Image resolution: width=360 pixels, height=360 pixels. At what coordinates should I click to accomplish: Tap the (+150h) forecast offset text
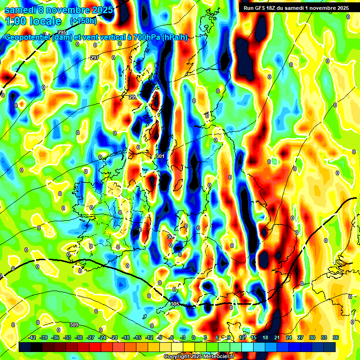tap(83, 21)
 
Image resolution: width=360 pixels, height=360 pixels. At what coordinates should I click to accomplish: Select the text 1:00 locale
tap(33, 21)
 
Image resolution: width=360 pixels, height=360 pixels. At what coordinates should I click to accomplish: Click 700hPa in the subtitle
tap(145, 37)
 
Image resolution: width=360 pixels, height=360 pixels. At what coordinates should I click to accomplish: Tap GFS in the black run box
tap(261, 8)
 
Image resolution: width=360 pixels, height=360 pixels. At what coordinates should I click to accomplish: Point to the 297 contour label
tap(95, 58)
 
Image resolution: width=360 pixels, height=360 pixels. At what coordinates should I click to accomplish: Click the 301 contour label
tap(160, 156)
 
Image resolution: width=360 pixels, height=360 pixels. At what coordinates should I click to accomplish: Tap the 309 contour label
tap(74, 325)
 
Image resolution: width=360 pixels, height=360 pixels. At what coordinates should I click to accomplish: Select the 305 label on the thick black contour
tap(175, 304)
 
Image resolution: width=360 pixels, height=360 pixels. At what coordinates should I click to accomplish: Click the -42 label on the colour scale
tap(32, 337)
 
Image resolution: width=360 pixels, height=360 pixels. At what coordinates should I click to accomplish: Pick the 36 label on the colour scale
tap(335, 337)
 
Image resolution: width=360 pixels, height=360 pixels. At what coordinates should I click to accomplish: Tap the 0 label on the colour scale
tap(194, 337)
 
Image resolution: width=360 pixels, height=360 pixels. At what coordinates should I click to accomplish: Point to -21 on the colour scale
tap(114, 337)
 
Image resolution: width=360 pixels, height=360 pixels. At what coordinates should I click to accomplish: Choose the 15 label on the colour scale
tap(254, 337)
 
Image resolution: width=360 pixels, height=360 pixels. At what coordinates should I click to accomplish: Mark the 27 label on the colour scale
tap(300, 337)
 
